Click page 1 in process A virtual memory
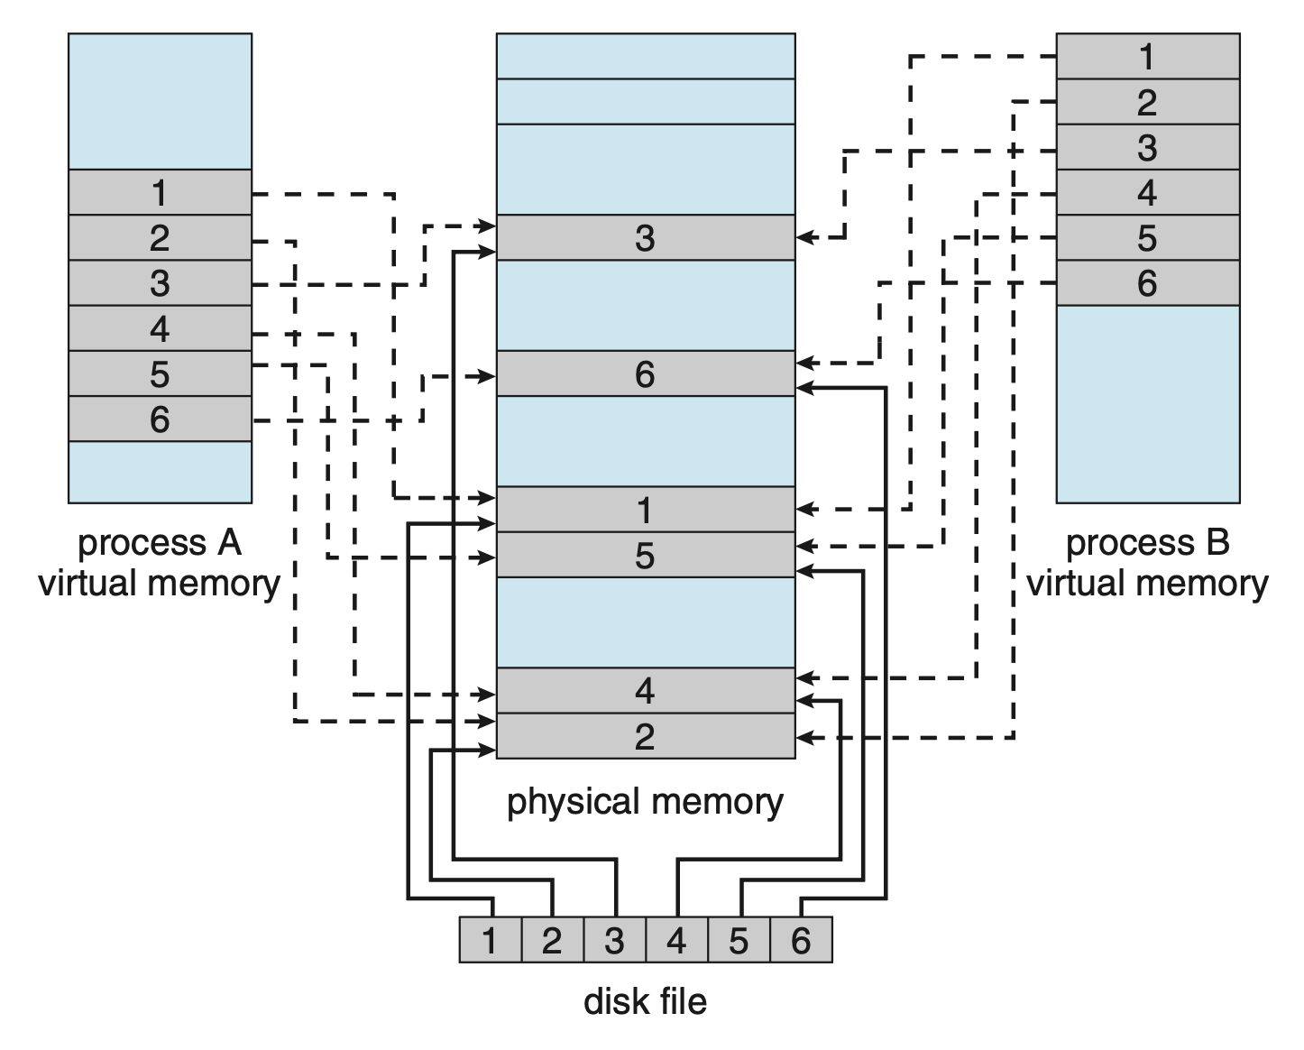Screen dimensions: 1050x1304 pyautogui.click(x=160, y=192)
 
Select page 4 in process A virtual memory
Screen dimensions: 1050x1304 pyautogui.click(x=160, y=328)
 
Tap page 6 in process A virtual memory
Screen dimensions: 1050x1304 pyautogui.click(x=160, y=419)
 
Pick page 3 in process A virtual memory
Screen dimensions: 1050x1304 pyautogui.click(x=160, y=283)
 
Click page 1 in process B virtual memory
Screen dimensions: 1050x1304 pyautogui.click(x=1147, y=57)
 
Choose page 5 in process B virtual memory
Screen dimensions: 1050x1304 pyautogui.click(x=1147, y=238)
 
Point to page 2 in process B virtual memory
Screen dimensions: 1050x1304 pyautogui.click(x=1147, y=102)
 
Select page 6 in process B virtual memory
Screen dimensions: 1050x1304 pyautogui.click(x=1147, y=283)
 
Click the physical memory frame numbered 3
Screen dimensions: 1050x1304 pyautogui.click(x=645, y=237)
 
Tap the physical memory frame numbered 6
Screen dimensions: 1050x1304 pyautogui.click(x=645, y=373)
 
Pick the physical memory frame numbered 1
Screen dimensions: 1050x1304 pyautogui.click(x=645, y=510)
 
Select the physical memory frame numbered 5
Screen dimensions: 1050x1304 pyautogui.click(x=645, y=555)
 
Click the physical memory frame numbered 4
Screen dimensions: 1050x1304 pyautogui.click(x=645, y=691)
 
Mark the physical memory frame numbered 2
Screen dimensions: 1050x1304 pyautogui.click(x=645, y=736)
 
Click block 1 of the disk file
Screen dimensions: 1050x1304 pyautogui.click(x=490, y=940)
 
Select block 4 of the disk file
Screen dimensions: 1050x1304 pyautogui.click(x=676, y=940)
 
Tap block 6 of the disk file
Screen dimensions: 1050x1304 pyautogui.click(x=801, y=940)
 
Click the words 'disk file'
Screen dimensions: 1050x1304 pyautogui.click(x=645, y=1001)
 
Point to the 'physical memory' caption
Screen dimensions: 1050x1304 pyautogui.click(x=645, y=801)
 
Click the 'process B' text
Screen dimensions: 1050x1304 pyautogui.click(x=1147, y=543)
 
